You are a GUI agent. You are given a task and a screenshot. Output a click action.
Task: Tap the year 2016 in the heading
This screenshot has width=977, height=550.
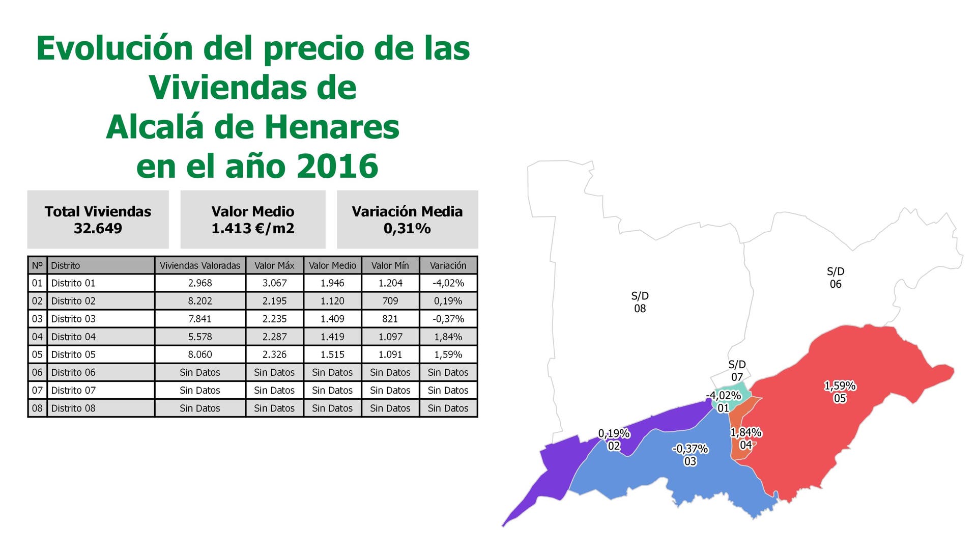tap(337, 167)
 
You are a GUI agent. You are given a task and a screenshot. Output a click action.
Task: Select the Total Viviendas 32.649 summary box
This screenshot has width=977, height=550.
tap(98, 219)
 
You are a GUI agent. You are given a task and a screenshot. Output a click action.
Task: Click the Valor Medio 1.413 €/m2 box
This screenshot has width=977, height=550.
tap(253, 219)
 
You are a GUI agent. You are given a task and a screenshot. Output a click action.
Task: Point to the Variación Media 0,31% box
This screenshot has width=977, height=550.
tap(407, 219)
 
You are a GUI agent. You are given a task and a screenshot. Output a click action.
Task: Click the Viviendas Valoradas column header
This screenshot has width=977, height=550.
tap(200, 265)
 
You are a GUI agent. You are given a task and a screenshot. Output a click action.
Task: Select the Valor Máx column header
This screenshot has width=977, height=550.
tap(274, 265)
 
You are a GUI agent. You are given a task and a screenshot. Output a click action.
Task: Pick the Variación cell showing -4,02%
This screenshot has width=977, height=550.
tap(448, 283)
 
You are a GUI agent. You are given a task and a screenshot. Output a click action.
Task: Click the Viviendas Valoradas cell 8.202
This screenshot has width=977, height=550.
tap(200, 301)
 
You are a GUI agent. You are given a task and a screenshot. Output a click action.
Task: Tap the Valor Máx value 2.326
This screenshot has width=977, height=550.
tap(274, 354)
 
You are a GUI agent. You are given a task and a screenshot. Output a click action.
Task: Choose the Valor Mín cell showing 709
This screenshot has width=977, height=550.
tap(390, 301)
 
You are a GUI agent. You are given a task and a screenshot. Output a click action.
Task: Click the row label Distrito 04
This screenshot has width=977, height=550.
tap(73, 337)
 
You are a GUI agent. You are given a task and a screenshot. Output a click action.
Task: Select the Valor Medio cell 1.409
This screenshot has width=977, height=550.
tap(332, 319)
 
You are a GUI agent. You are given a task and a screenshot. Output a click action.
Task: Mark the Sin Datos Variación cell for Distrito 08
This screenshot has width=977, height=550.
tap(448, 408)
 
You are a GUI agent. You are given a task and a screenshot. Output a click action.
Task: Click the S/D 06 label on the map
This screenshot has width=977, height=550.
tap(836, 278)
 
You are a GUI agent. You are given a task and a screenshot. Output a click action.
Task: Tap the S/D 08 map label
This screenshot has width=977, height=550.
tap(640, 302)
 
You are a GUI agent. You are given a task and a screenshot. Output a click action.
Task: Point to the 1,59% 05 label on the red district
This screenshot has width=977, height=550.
tap(840, 392)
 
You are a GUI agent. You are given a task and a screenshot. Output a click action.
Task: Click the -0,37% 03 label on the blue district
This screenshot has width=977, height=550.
tap(689, 455)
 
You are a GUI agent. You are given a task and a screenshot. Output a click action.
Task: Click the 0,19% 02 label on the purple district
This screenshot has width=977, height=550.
tap(614, 439)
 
